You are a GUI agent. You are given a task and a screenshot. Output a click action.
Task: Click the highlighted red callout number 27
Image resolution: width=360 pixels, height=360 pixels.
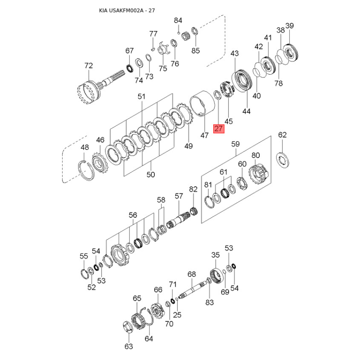219,128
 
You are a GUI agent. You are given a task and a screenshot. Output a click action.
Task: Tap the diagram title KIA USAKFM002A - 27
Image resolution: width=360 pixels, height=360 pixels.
127,10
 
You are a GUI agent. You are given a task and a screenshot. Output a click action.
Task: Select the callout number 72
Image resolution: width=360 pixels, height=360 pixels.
89,66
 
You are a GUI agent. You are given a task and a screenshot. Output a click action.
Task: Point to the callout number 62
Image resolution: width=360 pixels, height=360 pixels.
283,135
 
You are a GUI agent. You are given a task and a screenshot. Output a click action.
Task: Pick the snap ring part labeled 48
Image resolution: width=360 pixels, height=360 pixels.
86,171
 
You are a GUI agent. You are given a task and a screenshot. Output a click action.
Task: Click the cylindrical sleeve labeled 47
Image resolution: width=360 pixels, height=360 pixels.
202,104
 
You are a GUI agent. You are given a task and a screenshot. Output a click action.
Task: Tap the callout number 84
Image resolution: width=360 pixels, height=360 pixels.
178,20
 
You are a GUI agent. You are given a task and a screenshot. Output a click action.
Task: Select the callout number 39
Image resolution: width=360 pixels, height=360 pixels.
290,26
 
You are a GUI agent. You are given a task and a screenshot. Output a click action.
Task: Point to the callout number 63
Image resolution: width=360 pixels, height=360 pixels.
129,346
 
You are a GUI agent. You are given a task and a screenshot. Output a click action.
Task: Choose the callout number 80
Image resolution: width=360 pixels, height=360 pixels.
256,155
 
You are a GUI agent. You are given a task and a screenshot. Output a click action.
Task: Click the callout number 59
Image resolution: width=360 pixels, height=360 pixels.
235,144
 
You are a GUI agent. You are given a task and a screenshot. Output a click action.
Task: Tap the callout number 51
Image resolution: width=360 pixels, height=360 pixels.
141,96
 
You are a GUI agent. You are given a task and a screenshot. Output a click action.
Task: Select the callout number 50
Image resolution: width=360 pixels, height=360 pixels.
151,175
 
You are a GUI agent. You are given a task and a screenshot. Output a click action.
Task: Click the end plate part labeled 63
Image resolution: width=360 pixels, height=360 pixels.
128,327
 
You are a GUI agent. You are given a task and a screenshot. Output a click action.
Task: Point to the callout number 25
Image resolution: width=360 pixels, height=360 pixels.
177,315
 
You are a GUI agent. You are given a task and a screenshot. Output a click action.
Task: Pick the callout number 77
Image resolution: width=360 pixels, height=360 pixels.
153,34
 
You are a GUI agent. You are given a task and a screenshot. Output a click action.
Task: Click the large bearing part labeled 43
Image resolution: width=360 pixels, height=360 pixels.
242,81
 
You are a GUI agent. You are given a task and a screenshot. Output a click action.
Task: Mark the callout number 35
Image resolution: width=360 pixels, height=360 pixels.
216,255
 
